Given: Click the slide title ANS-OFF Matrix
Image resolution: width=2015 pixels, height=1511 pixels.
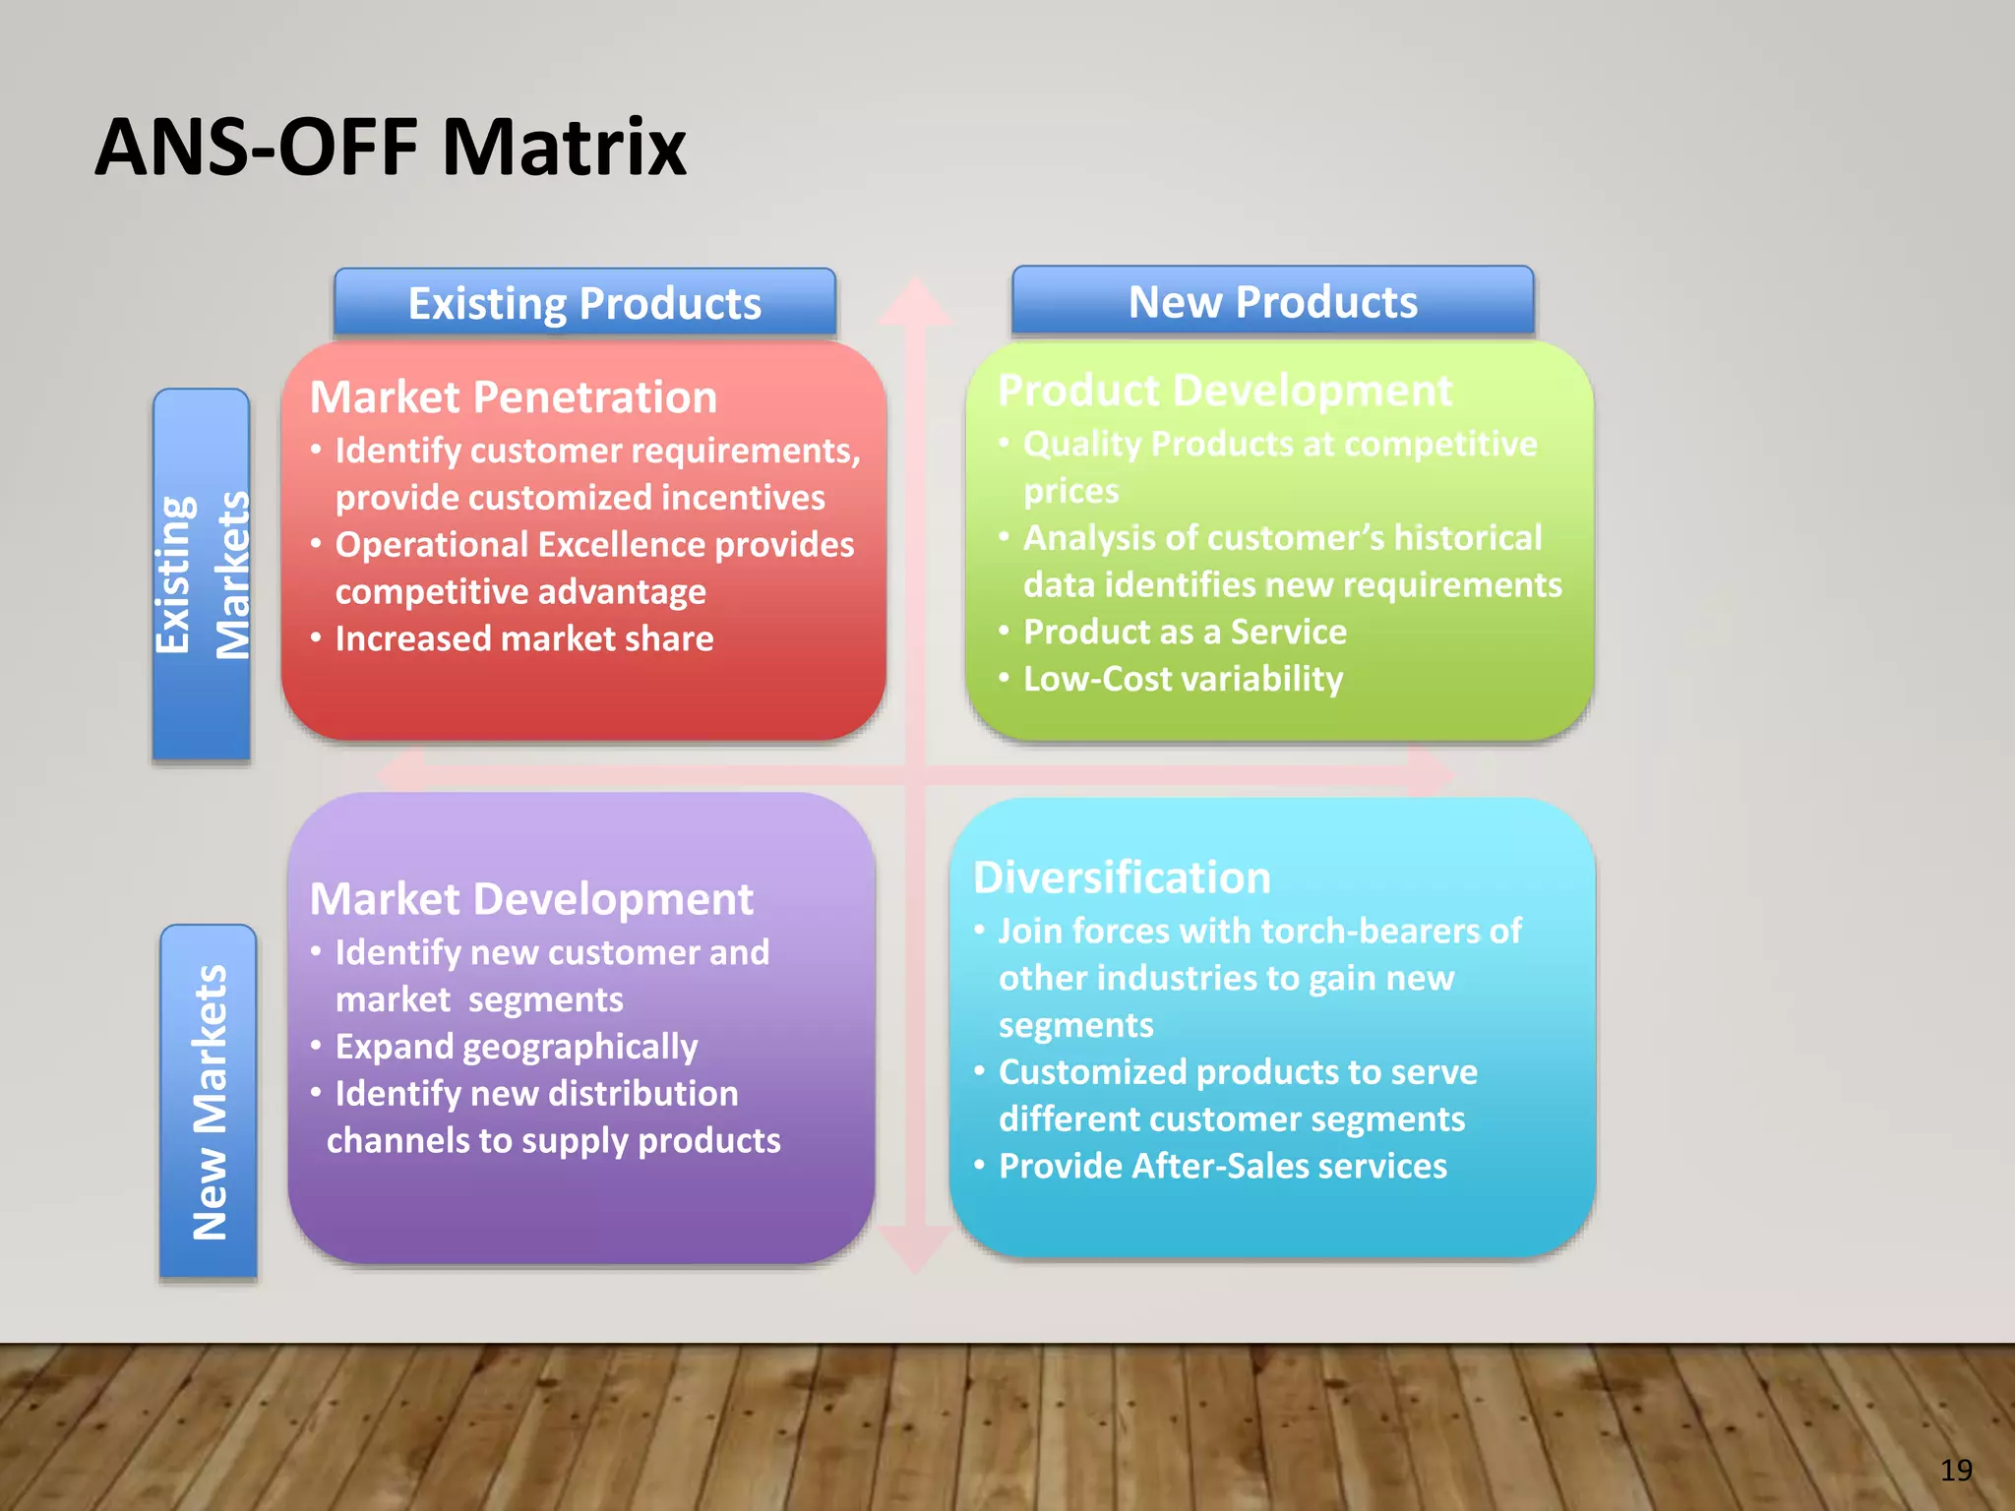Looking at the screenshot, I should [x=391, y=148].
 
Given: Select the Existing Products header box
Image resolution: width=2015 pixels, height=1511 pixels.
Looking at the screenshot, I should [x=584, y=303].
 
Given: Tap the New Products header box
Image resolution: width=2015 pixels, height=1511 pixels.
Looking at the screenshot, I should [x=1272, y=301].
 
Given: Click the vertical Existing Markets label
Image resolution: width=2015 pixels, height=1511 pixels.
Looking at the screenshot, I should [x=202, y=574].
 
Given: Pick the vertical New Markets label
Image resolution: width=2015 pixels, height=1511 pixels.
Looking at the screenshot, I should [x=209, y=1102].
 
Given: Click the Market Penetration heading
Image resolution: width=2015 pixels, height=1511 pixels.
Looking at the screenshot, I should [x=513, y=397].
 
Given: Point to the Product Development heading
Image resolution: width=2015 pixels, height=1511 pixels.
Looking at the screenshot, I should [x=1224, y=391].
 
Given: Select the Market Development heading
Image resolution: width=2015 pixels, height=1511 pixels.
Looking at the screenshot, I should [x=531, y=899].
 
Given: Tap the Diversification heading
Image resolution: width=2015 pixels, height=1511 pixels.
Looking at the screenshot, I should [x=1122, y=877].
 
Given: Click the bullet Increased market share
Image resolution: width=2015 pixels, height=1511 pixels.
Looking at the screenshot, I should [x=523, y=639].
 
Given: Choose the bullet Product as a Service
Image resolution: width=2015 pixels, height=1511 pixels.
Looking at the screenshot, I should [x=1184, y=632].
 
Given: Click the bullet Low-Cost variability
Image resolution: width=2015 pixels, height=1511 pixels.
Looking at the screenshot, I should [x=1182, y=679].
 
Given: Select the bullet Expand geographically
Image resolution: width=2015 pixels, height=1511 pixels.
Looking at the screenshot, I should [x=516, y=1047].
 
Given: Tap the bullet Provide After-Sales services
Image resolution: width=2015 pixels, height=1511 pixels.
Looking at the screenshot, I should [x=1222, y=1167].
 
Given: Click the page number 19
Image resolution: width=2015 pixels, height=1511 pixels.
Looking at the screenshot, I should [x=1956, y=1470].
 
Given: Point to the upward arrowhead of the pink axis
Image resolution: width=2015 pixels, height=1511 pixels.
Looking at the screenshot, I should [x=915, y=301].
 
